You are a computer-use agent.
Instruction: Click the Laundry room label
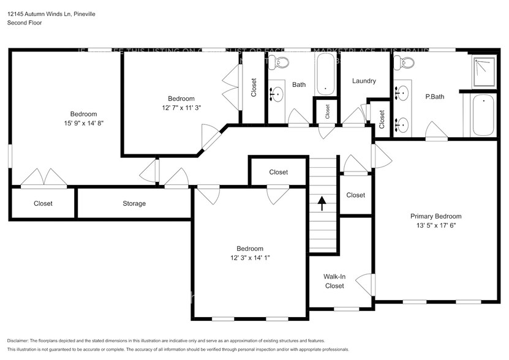[x=364, y=81]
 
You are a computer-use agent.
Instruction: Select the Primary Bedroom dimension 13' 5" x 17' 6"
[x=435, y=225]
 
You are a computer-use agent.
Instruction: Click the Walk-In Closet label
[x=334, y=281]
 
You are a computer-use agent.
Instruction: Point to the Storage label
[x=134, y=203]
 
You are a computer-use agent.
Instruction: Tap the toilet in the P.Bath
[x=404, y=62]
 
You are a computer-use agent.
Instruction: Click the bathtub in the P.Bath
[x=483, y=116]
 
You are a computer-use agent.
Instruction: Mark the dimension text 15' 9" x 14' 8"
[x=83, y=122]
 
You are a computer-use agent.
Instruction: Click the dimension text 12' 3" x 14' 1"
[x=250, y=257]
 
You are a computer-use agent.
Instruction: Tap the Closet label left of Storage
[x=43, y=203]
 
